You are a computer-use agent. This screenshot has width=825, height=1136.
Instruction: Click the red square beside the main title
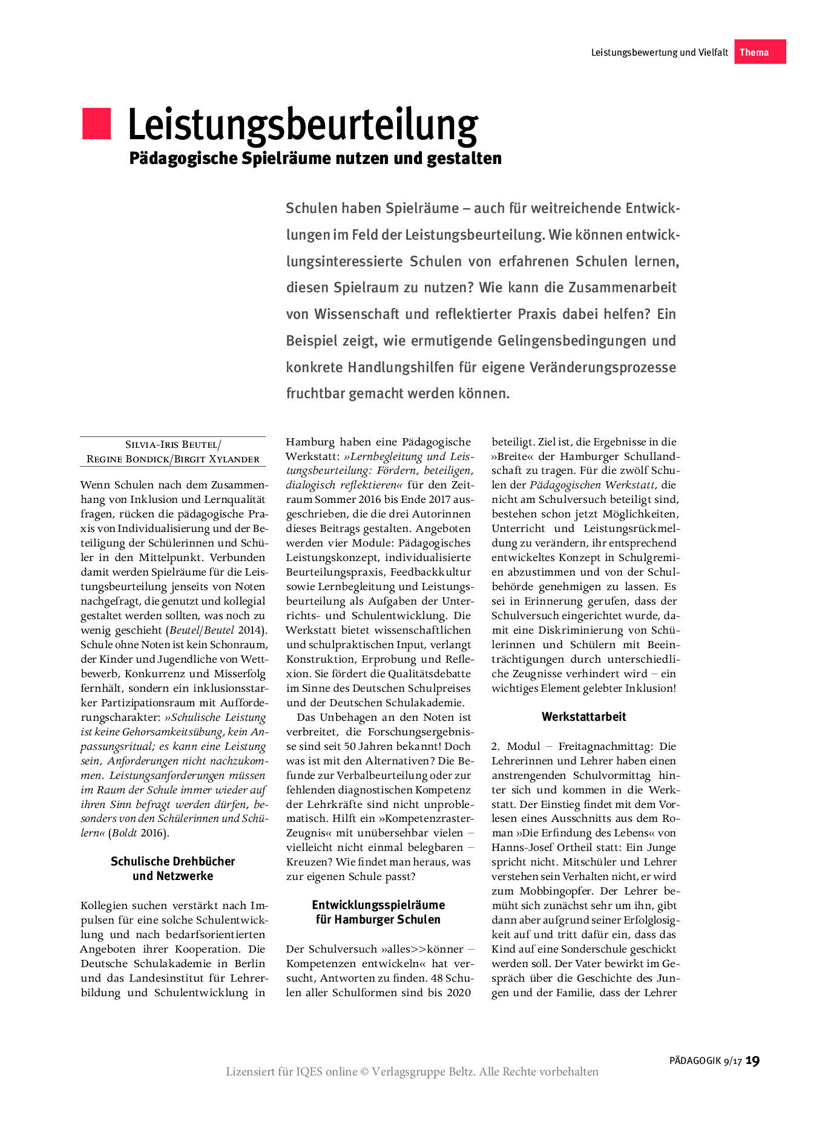[97, 123]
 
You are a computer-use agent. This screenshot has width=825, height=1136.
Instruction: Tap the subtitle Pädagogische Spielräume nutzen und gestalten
[315, 159]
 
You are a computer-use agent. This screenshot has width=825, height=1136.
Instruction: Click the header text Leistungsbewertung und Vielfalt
[659, 53]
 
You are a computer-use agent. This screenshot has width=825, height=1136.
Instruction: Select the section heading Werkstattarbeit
[583, 717]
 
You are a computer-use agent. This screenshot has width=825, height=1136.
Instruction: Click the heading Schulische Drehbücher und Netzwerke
[173, 868]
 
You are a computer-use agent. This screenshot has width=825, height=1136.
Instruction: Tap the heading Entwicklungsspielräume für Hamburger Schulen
[378, 912]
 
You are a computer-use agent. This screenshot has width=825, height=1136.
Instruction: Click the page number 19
[752, 1060]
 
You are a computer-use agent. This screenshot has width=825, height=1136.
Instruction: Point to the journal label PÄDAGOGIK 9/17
[705, 1061]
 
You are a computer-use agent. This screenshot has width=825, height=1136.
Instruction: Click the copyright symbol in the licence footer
[364, 1072]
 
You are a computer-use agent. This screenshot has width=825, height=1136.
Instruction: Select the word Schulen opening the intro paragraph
[311, 208]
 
